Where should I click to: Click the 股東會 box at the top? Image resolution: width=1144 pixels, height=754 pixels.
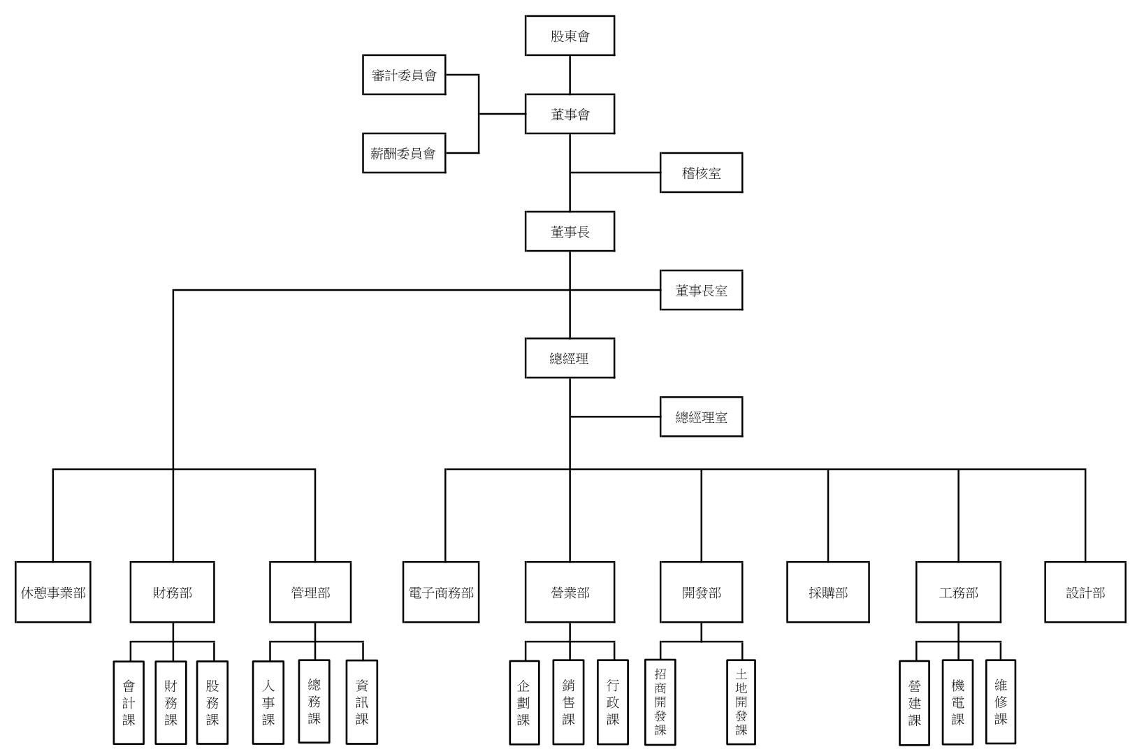[570, 36]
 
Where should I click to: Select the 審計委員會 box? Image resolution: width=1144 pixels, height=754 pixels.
[404, 75]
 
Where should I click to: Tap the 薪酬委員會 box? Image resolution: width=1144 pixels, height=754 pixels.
[404, 153]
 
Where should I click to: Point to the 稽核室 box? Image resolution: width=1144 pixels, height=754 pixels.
[701, 173]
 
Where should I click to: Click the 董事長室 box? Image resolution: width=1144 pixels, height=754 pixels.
[701, 290]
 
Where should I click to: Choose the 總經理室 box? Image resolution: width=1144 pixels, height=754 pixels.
[701, 417]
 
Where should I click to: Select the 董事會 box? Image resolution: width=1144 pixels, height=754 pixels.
[570, 114]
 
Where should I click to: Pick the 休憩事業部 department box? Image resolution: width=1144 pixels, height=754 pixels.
[53, 592]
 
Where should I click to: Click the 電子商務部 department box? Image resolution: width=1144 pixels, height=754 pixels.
[441, 592]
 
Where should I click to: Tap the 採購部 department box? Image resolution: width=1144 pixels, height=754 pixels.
[828, 592]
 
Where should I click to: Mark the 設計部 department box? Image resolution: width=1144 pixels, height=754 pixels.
[1085, 592]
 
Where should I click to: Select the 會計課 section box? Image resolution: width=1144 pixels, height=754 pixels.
[129, 702]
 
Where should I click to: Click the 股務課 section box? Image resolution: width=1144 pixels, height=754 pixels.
[212, 702]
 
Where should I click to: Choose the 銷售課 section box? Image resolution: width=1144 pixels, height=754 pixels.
[568, 702]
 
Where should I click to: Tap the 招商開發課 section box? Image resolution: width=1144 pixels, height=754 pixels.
[660, 702]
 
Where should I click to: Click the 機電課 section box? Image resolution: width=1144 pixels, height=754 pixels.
[957, 702]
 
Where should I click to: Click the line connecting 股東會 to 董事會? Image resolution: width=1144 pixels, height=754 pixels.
[570, 75]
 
